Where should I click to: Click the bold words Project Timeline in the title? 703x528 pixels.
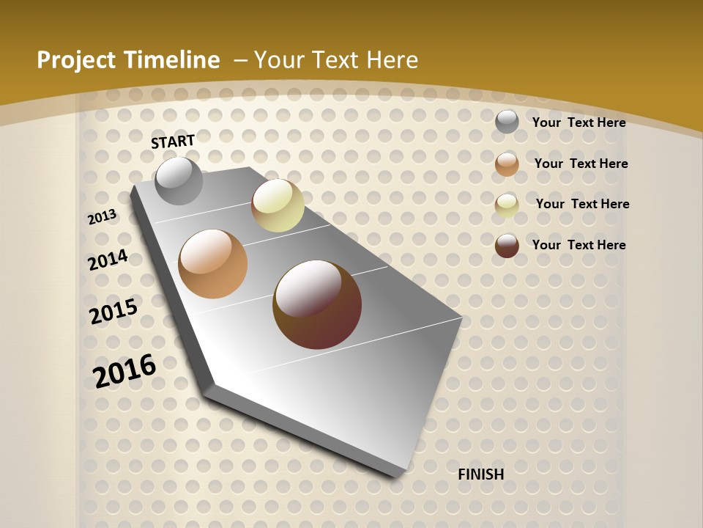128,60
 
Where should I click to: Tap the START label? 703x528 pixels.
173,142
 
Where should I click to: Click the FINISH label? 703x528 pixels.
481,474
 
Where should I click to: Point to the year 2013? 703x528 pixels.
103,216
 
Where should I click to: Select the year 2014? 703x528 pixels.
108,260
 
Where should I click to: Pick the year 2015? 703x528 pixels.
114,311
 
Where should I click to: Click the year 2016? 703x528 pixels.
124,370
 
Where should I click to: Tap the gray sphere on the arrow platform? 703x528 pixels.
179,181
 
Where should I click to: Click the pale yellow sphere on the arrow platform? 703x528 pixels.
278,205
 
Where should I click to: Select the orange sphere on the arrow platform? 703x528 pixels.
213,264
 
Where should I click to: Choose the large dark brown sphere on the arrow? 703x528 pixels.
317,304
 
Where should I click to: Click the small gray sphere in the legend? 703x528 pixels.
507,122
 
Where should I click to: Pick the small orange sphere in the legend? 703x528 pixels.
507,164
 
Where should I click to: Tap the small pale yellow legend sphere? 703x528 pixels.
507,205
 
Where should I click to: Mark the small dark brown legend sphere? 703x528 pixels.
507,246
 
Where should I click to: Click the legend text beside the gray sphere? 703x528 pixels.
579,122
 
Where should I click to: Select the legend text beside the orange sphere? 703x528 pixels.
581,164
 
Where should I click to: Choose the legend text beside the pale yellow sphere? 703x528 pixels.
583,204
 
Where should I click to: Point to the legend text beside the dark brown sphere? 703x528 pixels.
579,245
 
